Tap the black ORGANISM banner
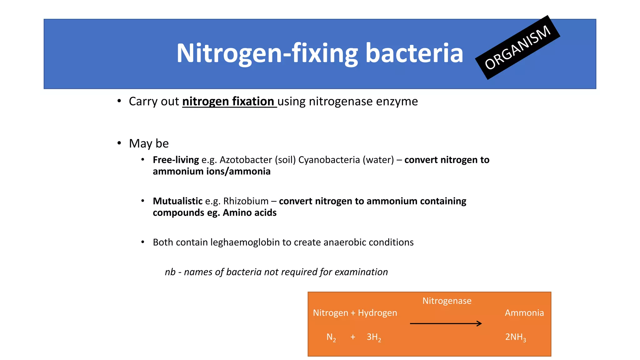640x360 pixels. tap(517, 47)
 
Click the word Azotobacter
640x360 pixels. tap(246, 160)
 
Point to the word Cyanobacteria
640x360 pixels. tap(329, 160)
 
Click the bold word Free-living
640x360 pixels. tap(176, 160)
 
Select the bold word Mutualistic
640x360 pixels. tap(177, 201)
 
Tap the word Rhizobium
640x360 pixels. tap(246, 201)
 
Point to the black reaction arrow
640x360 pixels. tap(446, 324)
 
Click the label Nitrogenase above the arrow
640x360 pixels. tap(447, 301)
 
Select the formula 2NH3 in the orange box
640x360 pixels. tap(515, 337)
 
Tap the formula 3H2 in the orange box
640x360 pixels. tap(374, 337)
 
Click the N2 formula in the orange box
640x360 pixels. tap(331, 337)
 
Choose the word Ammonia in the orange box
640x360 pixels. tap(524, 313)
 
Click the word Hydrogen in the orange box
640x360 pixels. tap(377, 313)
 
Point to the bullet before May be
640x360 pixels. tap(119, 143)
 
